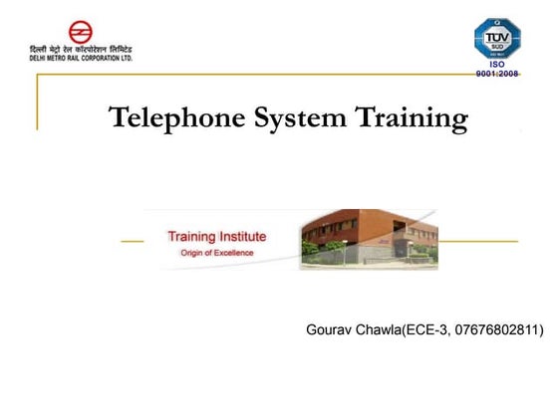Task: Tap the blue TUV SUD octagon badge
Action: pos(497,38)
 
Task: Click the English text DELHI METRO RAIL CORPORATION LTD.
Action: pos(82,58)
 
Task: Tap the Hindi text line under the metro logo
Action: pos(82,49)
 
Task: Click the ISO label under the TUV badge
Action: pos(497,66)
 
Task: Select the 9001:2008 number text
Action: pos(497,75)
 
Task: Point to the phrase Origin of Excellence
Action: pos(216,253)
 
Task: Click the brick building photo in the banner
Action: pos(369,239)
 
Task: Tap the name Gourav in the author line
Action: pos(332,328)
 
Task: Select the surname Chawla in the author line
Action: pos(379,328)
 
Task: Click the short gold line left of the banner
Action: pos(132,241)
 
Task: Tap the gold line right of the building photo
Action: pos(478,241)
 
